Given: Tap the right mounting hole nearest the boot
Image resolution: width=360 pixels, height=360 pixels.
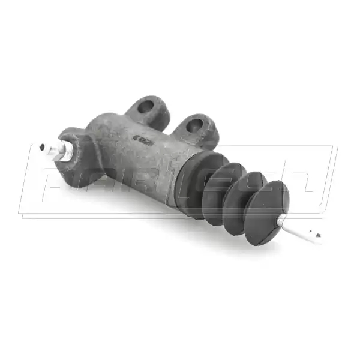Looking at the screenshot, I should click(x=194, y=125).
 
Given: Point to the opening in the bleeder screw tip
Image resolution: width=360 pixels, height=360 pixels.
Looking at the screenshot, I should click(x=41, y=146).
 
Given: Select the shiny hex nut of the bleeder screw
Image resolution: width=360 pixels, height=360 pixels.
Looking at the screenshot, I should click(x=59, y=151).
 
